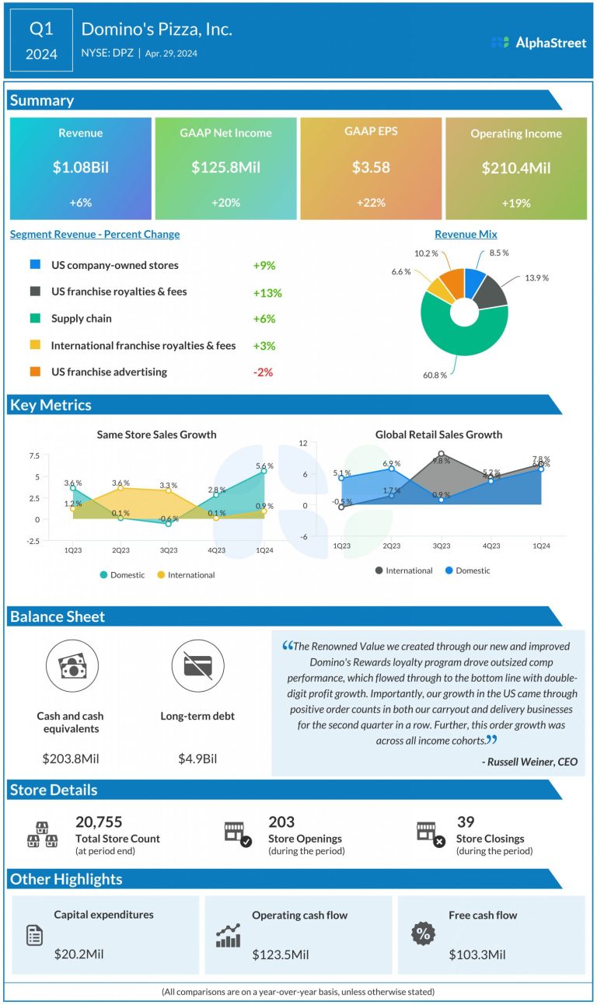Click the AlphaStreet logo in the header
point(539,43)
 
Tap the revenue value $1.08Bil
point(81,168)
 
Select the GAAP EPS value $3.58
point(370,167)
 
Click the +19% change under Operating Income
point(515,203)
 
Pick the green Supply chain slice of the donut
point(451,342)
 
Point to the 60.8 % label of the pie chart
point(435,375)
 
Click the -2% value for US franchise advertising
point(263,372)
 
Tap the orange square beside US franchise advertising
point(35,372)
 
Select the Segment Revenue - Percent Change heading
point(95,234)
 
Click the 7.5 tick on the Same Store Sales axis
point(33,455)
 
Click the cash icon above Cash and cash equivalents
point(71,666)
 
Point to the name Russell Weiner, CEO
point(529,762)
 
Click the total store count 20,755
point(99,822)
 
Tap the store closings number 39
point(466,822)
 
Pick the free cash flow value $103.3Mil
point(477,954)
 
